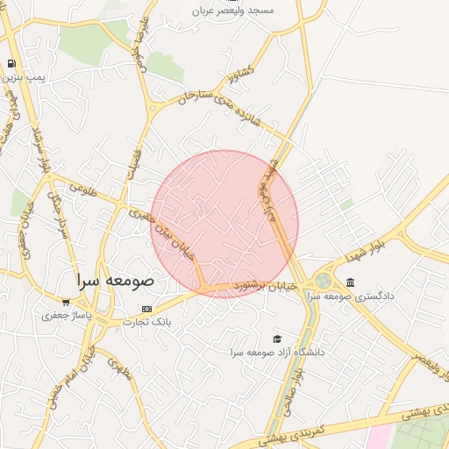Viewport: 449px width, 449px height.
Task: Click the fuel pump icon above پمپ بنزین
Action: tap(11, 63)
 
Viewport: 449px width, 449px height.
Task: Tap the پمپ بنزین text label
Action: tap(24, 78)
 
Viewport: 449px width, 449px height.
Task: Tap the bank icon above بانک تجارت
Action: tap(146, 309)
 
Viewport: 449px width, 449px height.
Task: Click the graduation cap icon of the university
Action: tap(277, 339)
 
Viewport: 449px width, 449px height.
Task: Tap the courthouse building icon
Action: tap(351, 282)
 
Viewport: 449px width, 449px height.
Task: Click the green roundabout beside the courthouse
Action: tap(324, 281)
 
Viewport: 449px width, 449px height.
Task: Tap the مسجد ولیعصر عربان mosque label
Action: tap(236, 10)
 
